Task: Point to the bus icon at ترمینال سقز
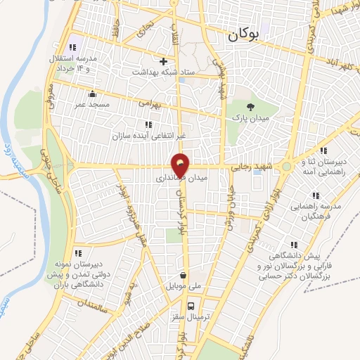[191, 306]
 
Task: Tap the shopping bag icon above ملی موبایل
[183, 276]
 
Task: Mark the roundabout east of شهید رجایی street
[287, 167]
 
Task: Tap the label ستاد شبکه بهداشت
[174, 72]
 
